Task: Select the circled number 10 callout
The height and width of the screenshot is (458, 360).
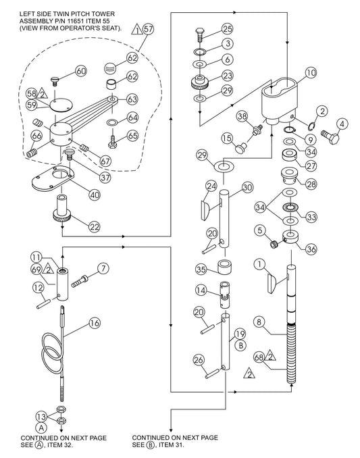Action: click(310, 72)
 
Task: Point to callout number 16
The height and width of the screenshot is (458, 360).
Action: click(94, 322)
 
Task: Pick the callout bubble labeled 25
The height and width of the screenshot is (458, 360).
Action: click(226, 28)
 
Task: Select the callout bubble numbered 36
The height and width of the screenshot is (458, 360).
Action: click(311, 249)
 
